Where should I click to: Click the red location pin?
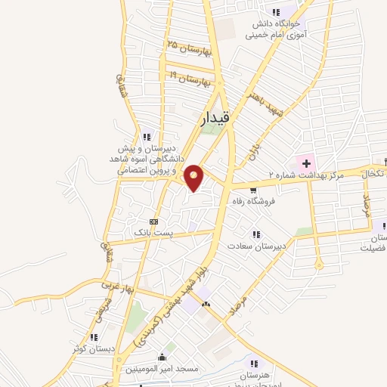pyautogui.click(x=194, y=178)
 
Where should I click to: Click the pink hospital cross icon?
pyautogui.click(x=308, y=163)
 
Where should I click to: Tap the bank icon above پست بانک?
pyautogui.click(x=154, y=221)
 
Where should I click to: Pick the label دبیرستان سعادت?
pyautogui.click(x=259, y=246)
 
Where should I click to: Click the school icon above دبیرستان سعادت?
pyautogui.click(x=258, y=234)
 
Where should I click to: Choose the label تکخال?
pyautogui.click(x=373, y=174)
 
